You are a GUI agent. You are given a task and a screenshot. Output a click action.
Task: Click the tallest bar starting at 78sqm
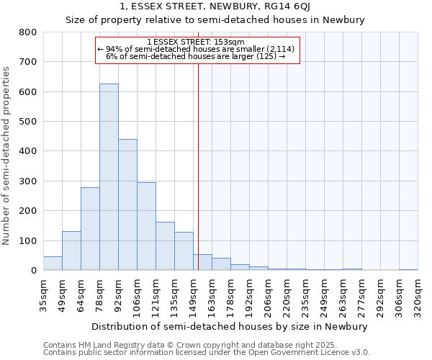(109, 177)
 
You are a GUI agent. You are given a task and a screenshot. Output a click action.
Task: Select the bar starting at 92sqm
(127, 204)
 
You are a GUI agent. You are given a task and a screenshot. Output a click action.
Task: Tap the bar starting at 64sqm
(90, 229)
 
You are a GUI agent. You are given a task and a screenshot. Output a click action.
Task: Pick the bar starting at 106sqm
(146, 226)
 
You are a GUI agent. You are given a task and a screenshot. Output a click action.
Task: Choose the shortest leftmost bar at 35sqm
(53, 264)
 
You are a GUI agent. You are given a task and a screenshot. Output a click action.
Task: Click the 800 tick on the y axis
(27, 32)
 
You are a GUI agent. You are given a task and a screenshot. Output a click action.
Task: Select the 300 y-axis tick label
(27, 181)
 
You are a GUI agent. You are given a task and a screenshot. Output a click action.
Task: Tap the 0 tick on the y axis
(33, 271)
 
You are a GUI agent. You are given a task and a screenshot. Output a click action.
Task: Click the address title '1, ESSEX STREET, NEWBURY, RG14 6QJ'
(215, 7)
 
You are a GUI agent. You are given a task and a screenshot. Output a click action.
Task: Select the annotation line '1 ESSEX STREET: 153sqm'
(195, 42)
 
